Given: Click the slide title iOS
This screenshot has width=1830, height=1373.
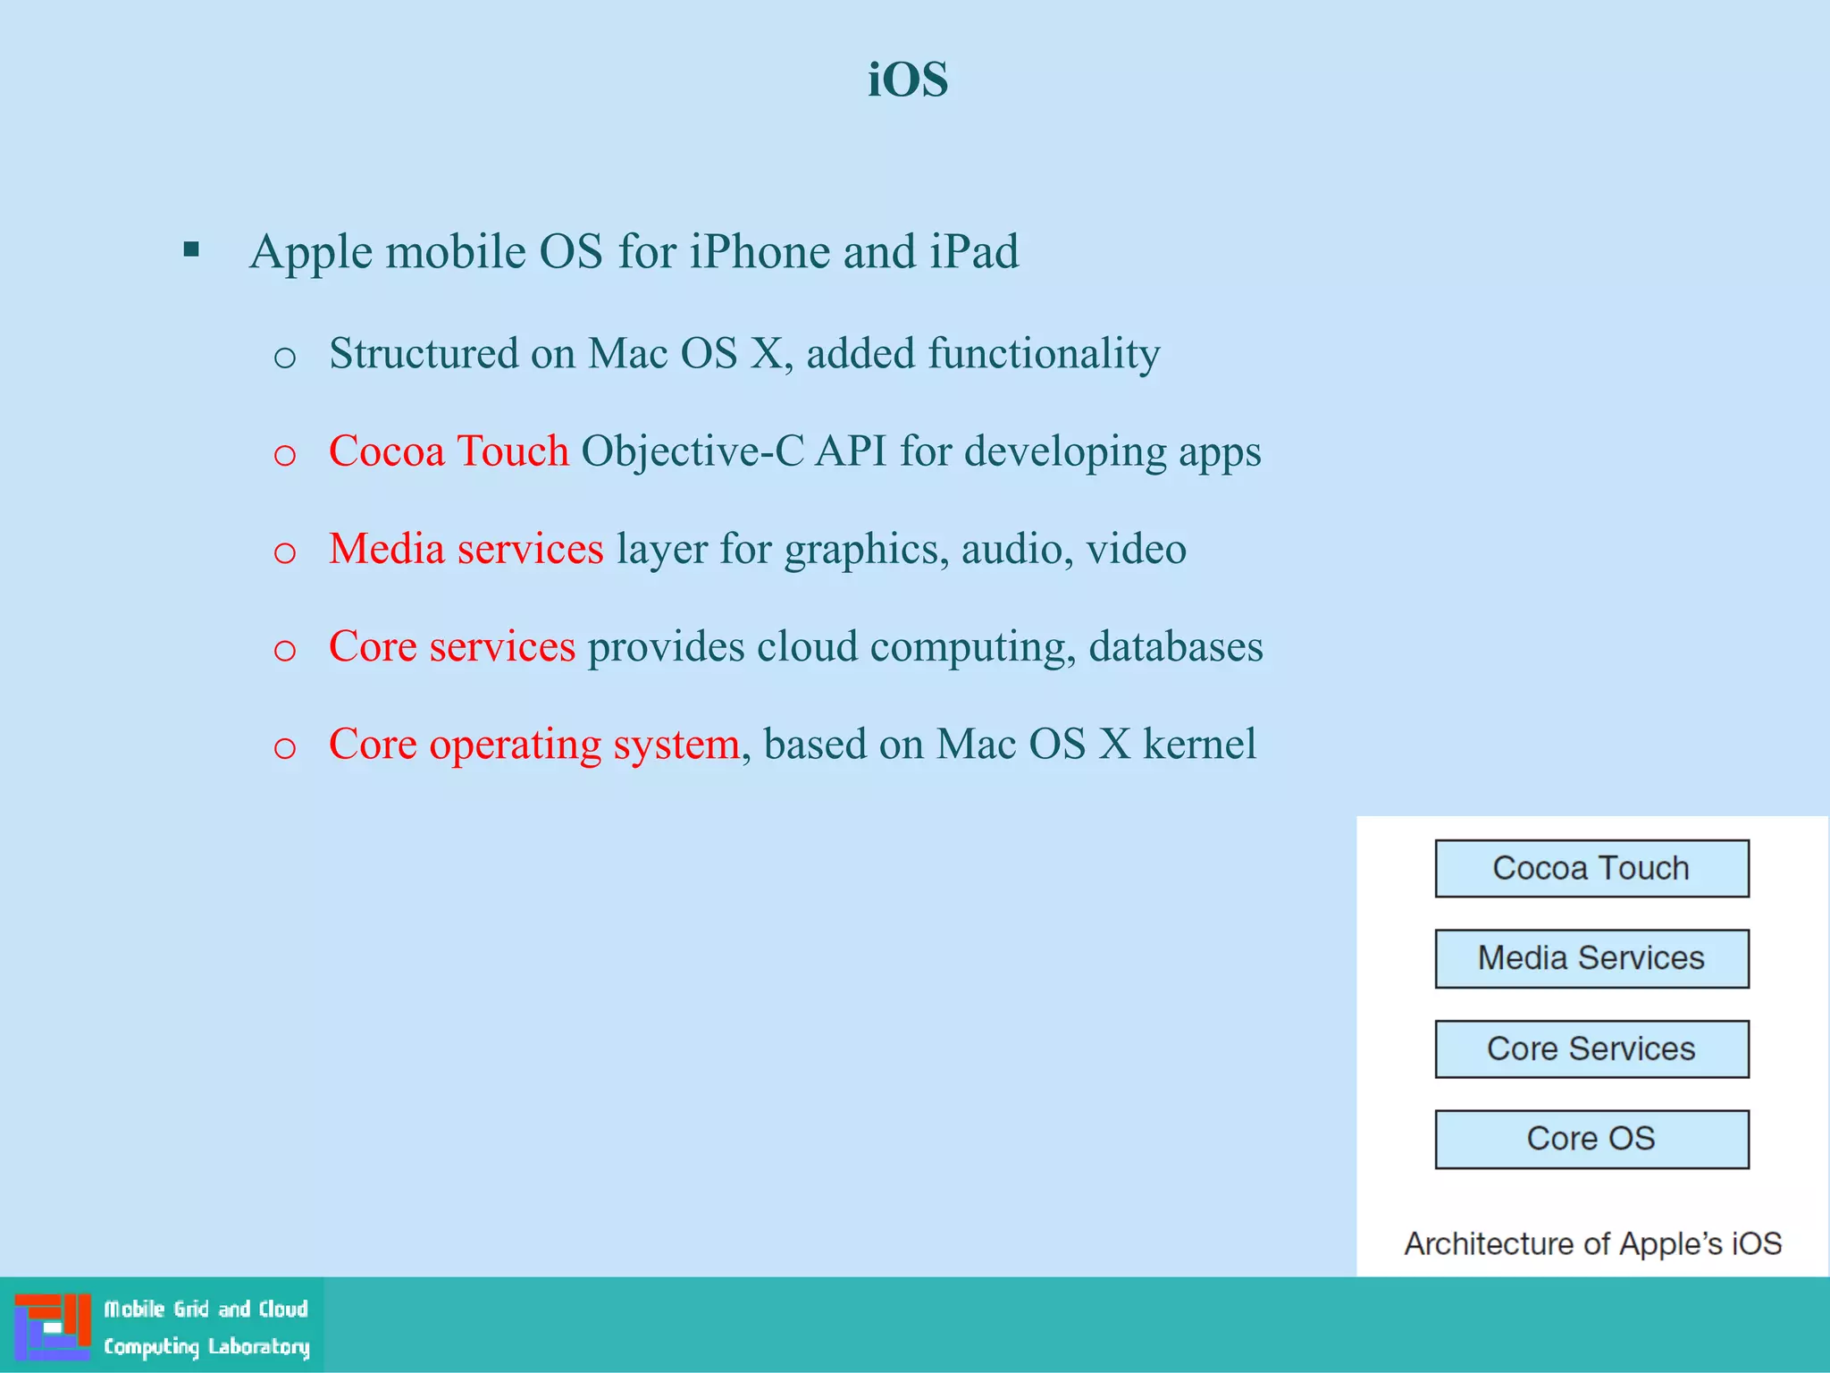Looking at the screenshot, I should [x=908, y=80].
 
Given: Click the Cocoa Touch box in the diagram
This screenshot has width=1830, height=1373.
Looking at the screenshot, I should [x=1591, y=868].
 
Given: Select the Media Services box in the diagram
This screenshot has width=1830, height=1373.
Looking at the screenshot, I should [x=1591, y=958].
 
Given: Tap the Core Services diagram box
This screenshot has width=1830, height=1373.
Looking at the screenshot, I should [x=1591, y=1049].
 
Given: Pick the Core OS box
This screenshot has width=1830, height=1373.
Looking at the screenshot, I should [x=1591, y=1139].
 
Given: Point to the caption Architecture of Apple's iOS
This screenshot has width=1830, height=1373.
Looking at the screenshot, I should [x=1592, y=1243].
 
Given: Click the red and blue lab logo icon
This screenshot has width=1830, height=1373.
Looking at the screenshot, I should [x=53, y=1326].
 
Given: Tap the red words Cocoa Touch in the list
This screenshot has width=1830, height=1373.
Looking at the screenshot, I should [x=449, y=451].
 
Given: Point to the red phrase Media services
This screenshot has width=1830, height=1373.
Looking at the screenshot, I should [x=466, y=548].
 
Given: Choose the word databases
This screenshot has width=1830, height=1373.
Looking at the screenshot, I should [x=1175, y=646].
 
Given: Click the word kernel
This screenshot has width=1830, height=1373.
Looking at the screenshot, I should [x=1199, y=744].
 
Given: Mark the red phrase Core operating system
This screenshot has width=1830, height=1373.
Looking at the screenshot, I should [x=533, y=744].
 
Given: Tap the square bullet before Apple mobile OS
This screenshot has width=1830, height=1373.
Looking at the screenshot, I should [x=191, y=249].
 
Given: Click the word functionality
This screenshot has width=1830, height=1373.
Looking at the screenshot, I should [x=1044, y=353].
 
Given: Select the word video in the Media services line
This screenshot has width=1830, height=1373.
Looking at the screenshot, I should [x=1136, y=548].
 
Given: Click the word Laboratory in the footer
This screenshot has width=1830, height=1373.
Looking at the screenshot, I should [x=258, y=1346].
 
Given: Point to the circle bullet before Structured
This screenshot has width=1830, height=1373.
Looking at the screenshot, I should [x=284, y=358].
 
